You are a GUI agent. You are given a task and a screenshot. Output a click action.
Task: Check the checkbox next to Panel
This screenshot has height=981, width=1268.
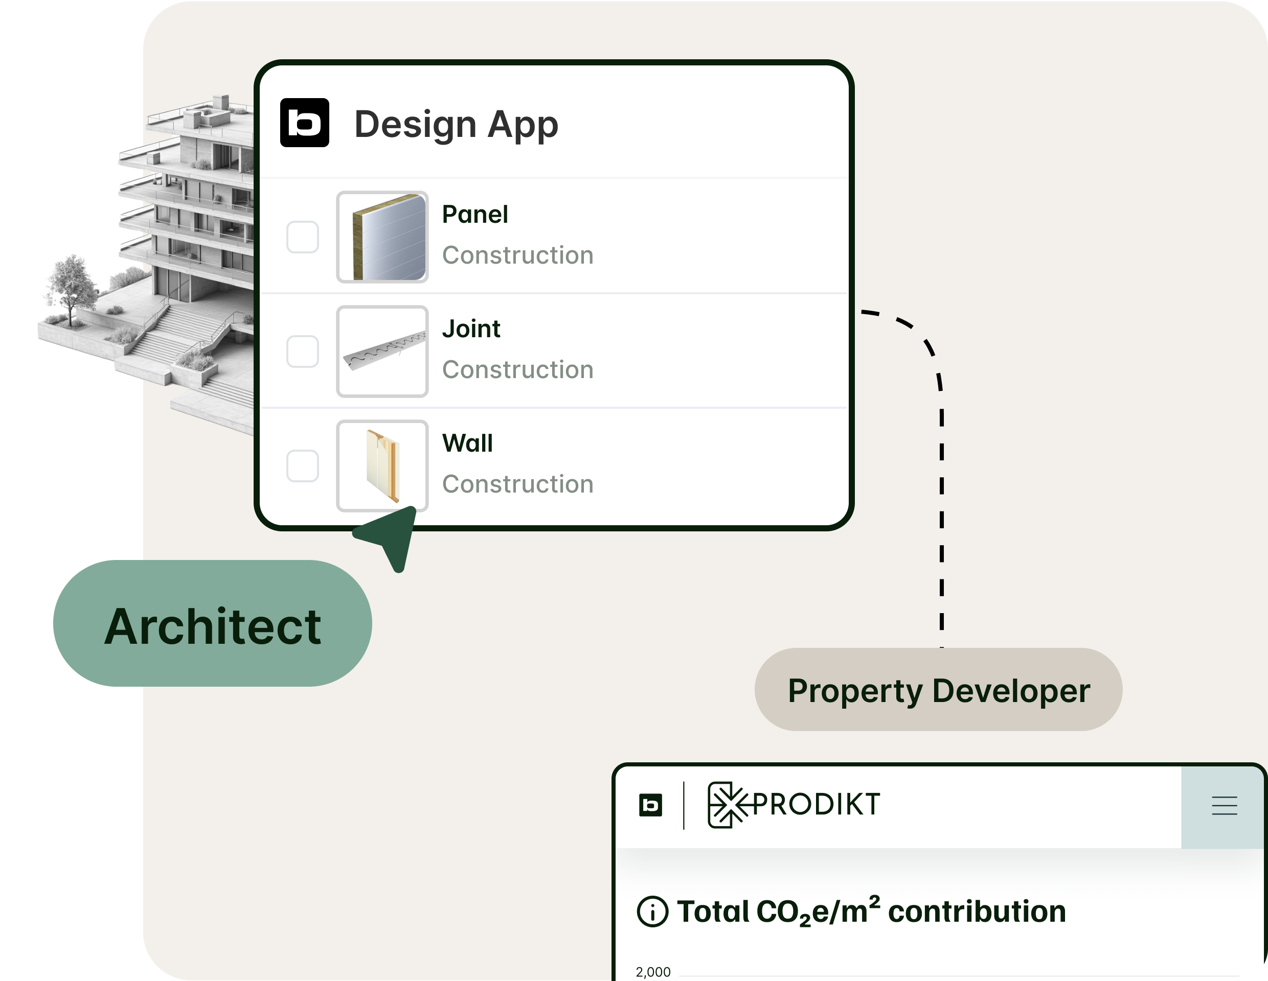[x=303, y=237]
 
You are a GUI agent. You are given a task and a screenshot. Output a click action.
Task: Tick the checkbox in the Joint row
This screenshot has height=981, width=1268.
[x=303, y=351]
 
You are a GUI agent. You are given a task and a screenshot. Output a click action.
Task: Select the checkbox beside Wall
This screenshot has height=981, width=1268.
[x=303, y=465]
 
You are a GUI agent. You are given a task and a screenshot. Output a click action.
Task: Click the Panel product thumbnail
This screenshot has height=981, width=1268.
[x=382, y=237]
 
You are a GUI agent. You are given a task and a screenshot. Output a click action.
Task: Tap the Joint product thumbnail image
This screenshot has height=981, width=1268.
[x=382, y=351]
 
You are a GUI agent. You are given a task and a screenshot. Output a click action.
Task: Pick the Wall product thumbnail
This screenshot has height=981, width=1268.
[x=382, y=465]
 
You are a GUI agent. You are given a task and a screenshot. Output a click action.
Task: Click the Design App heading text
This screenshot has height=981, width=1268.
[x=456, y=124]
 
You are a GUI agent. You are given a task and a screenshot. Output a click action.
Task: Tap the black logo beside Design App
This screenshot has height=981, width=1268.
[x=304, y=123]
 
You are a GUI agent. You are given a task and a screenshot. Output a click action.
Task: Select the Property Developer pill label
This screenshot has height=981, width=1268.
[x=938, y=690]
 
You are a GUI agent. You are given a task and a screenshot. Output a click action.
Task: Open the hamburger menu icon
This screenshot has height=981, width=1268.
[x=1224, y=806]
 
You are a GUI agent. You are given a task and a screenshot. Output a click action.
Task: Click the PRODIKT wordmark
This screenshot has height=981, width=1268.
[x=815, y=804]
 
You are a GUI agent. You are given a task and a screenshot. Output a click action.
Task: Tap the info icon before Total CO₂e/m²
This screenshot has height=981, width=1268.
[x=652, y=912]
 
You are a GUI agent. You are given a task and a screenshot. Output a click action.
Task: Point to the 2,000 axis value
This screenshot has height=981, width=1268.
[x=652, y=972]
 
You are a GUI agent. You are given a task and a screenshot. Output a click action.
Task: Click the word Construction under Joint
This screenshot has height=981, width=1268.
[x=517, y=369]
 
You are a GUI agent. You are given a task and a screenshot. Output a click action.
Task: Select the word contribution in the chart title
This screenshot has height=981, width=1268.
[x=977, y=912]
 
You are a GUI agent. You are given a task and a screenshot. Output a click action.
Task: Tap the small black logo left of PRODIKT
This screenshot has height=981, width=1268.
[x=650, y=805]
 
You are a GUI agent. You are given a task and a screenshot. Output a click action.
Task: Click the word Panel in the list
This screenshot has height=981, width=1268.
[x=475, y=215]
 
